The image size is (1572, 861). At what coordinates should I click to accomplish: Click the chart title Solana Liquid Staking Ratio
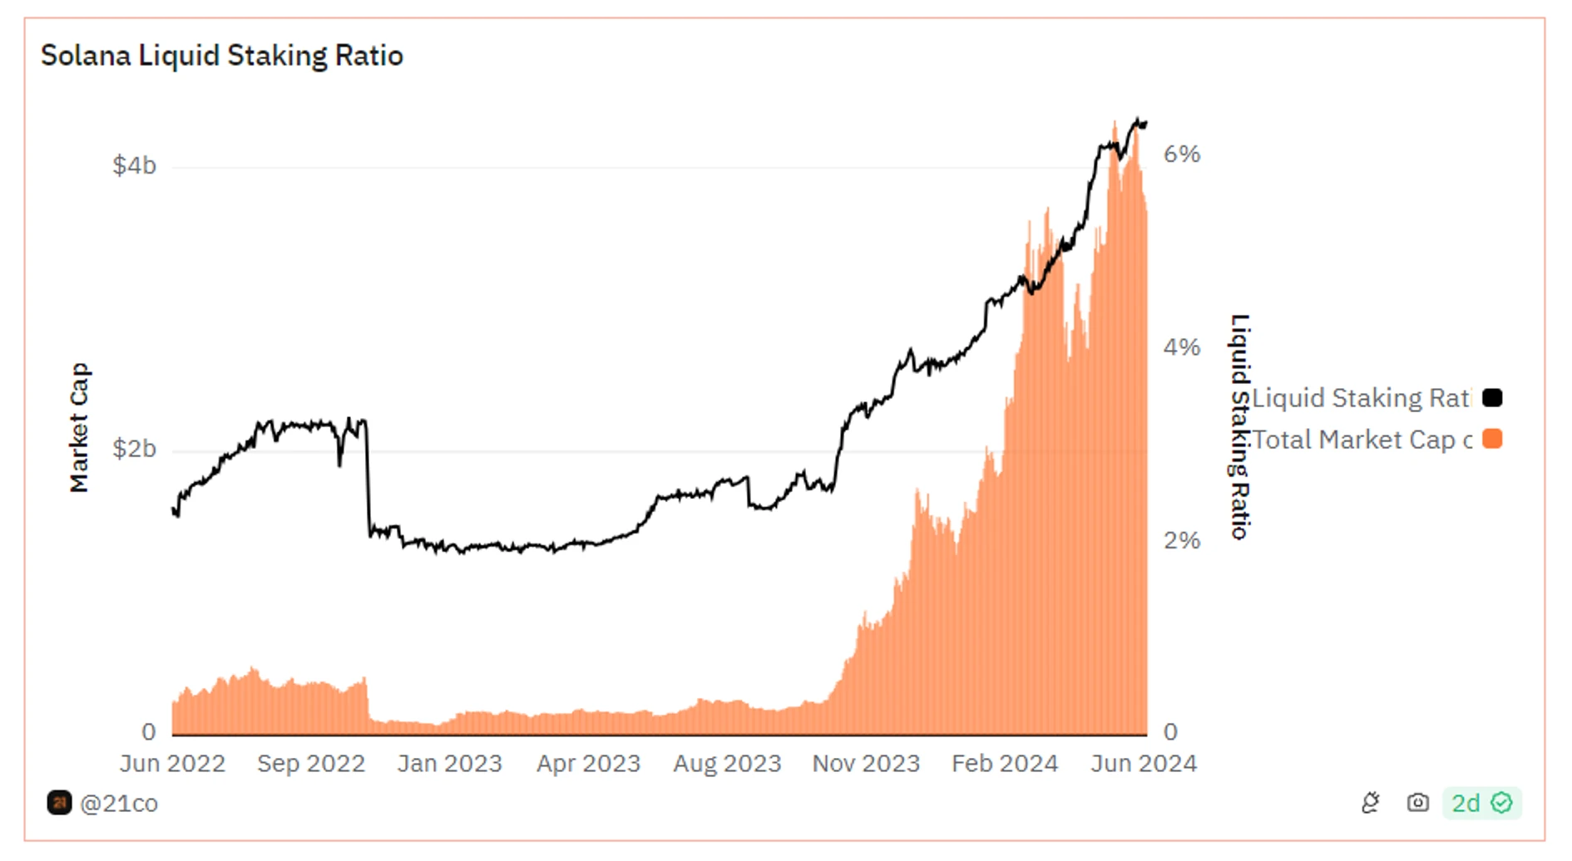tap(221, 56)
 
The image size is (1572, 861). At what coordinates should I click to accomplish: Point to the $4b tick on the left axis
tap(134, 165)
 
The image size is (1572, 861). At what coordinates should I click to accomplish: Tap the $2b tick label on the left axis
tap(134, 449)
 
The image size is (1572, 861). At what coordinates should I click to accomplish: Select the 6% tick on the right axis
tap(1181, 154)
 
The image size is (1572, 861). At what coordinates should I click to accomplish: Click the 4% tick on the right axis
tap(1181, 347)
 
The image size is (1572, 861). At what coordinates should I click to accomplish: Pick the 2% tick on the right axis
tap(1181, 540)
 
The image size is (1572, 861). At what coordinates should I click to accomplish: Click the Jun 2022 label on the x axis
tap(172, 763)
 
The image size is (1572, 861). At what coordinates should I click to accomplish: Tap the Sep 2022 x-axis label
tap(311, 763)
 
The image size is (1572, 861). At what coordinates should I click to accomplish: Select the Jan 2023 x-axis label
tap(449, 763)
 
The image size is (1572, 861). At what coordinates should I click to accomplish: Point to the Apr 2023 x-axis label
tap(588, 763)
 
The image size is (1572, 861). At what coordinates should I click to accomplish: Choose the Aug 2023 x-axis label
tap(727, 763)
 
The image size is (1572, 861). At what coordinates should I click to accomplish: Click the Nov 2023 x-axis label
tap(866, 763)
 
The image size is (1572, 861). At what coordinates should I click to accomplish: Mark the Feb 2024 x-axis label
tap(1005, 763)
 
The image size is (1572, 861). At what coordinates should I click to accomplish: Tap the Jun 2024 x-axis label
tap(1144, 763)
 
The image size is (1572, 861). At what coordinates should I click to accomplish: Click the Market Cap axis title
tap(79, 427)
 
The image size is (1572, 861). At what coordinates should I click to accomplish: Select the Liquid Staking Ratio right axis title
tap(1240, 426)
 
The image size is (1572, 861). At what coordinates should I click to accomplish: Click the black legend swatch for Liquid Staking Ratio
tap(1492, 398)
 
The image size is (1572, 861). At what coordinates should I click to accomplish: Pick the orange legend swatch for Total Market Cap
tap(1492, 439)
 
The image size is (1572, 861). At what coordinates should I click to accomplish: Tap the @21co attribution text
tap(118, 804)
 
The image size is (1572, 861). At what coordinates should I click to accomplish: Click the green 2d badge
tap(1481, 803)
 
